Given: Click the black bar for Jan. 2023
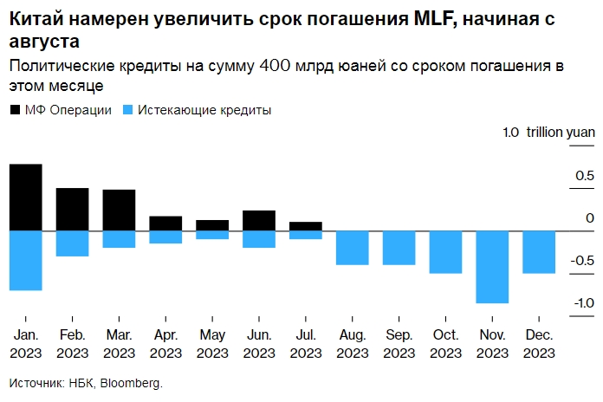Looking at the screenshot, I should coord(26,198).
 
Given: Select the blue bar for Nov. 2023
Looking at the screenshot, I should coord(492,267).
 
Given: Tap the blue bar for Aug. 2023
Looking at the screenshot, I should coord(353,248).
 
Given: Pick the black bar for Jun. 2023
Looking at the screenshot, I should coord(259,221).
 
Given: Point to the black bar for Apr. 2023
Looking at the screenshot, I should coord(165,224).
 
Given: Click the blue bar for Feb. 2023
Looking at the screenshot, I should coord(73,243).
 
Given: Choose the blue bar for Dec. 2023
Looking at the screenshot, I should coord(539,252).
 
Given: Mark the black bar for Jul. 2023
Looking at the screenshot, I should coord(306,226).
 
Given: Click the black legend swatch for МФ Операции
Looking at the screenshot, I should coord(16,111).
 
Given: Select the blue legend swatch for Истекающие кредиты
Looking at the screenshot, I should coord(129,111).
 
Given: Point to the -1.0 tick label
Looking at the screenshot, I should coord(582,303).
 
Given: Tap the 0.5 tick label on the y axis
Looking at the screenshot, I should coord(585,177).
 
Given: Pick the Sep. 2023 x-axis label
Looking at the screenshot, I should coord(399,344).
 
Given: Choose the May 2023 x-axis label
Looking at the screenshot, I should coord(212,344).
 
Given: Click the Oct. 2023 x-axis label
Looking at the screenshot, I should coord(445,344).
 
